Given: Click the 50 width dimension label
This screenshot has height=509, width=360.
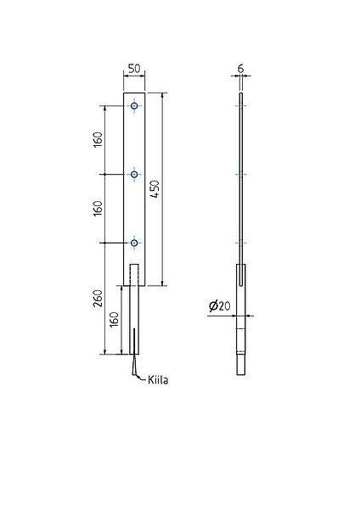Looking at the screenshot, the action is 134,69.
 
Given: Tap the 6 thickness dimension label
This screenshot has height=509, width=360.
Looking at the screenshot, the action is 241,69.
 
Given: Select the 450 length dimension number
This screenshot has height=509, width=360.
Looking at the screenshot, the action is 156,189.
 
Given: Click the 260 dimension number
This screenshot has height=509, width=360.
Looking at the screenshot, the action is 98,299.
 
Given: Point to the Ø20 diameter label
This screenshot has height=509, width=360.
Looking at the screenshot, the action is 220,306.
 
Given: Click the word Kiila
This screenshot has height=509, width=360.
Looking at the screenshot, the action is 158,380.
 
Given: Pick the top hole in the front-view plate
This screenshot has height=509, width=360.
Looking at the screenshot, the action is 134,106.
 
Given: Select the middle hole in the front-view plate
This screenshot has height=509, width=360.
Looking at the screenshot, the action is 134,174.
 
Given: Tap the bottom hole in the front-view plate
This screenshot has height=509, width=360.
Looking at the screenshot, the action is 134,243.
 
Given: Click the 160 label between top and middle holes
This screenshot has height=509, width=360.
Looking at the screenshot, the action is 98,140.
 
